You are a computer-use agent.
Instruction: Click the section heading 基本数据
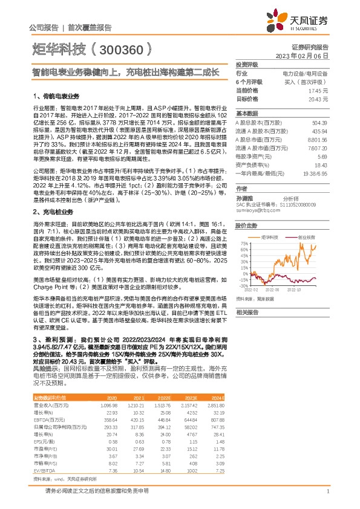tap(246, 113)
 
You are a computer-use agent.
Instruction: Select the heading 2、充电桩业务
tap(53, 213)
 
